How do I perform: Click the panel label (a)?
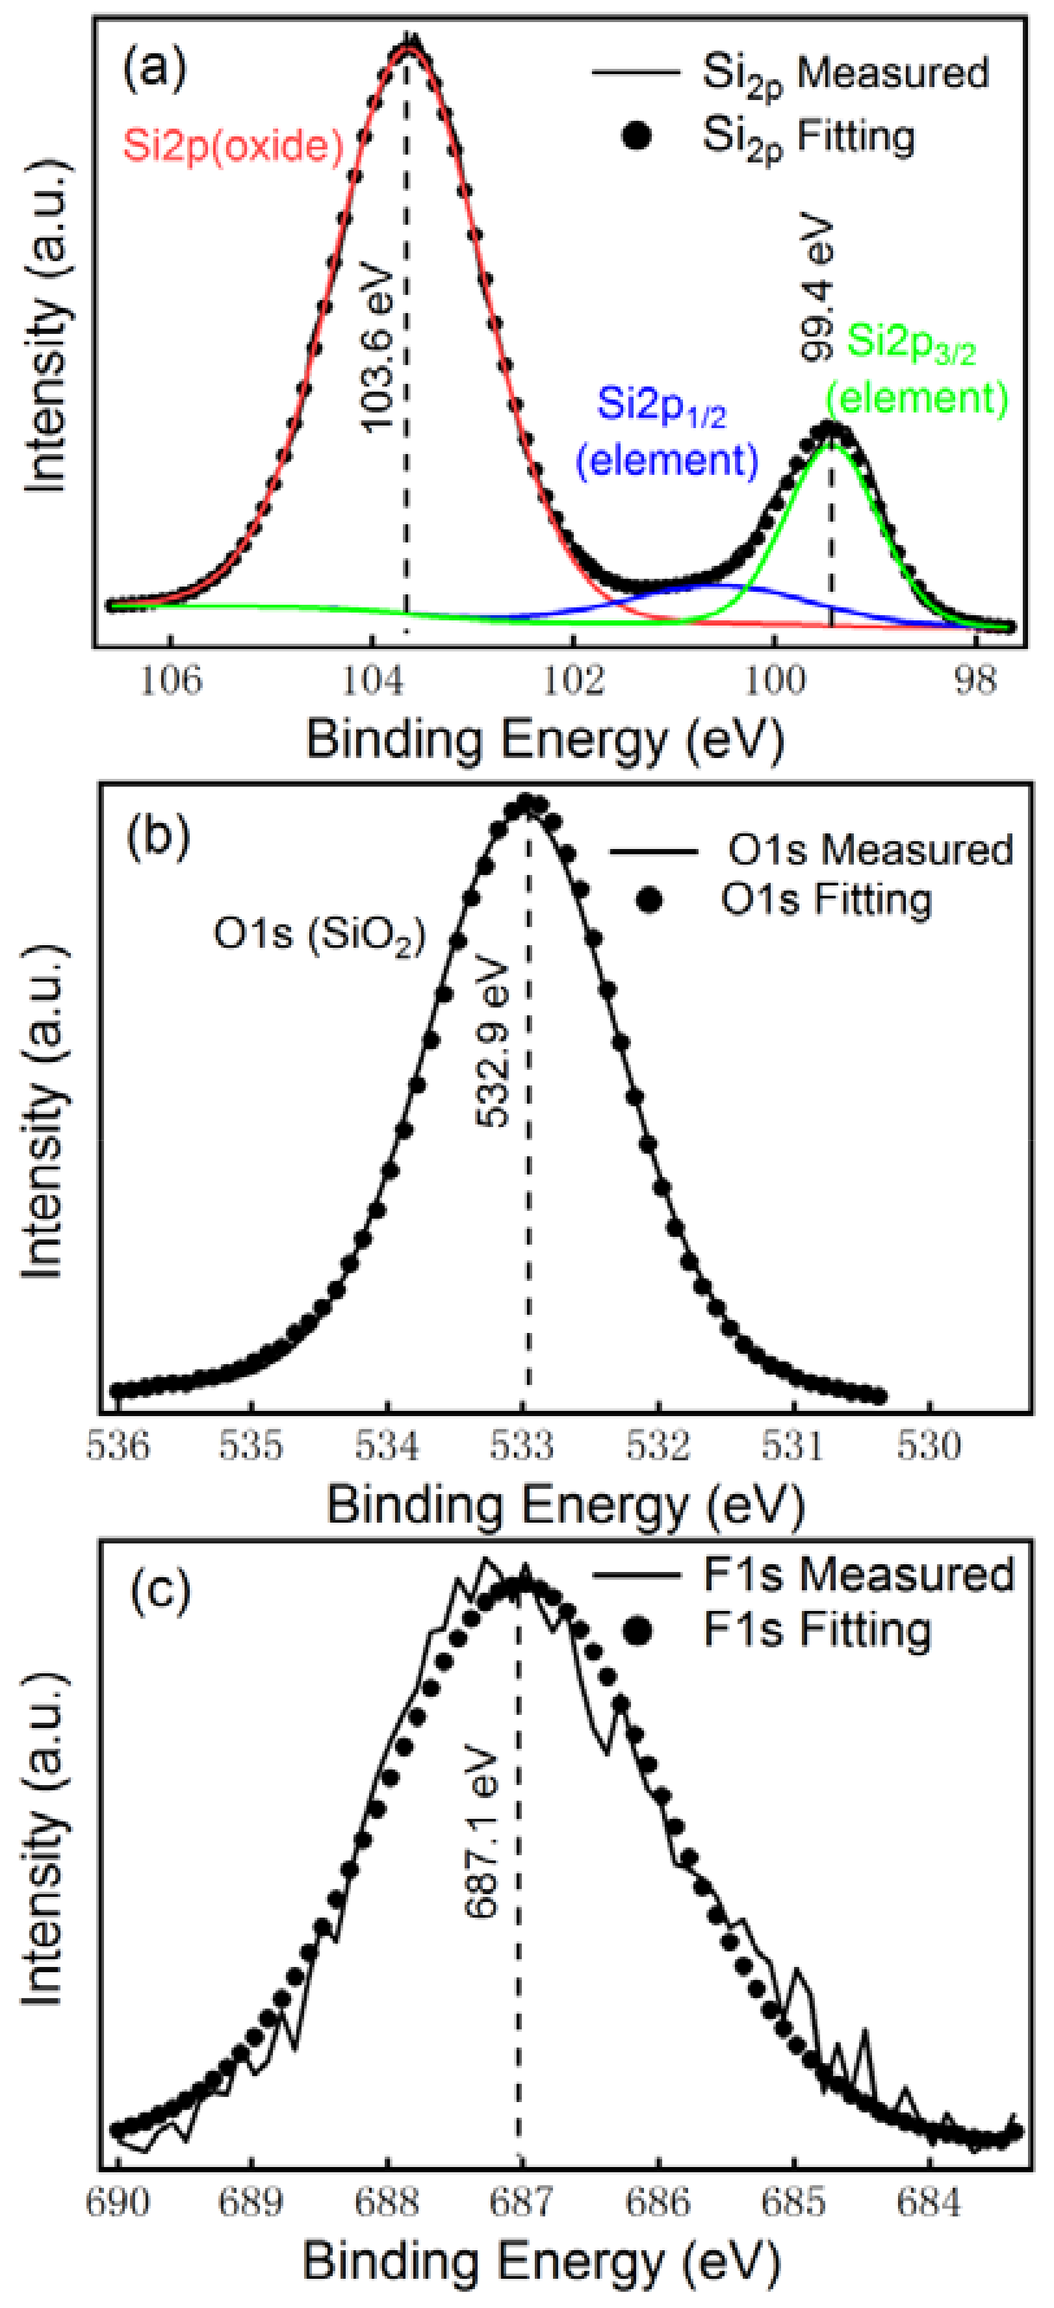point(154,68)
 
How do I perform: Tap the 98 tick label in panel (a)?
point(974,681)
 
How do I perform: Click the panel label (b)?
point(158,837)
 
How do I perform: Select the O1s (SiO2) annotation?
point(319,935)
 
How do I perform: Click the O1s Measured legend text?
point(869,850)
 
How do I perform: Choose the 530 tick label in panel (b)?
point(929,1445)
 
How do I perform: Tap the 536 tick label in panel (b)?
point(118,1445)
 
